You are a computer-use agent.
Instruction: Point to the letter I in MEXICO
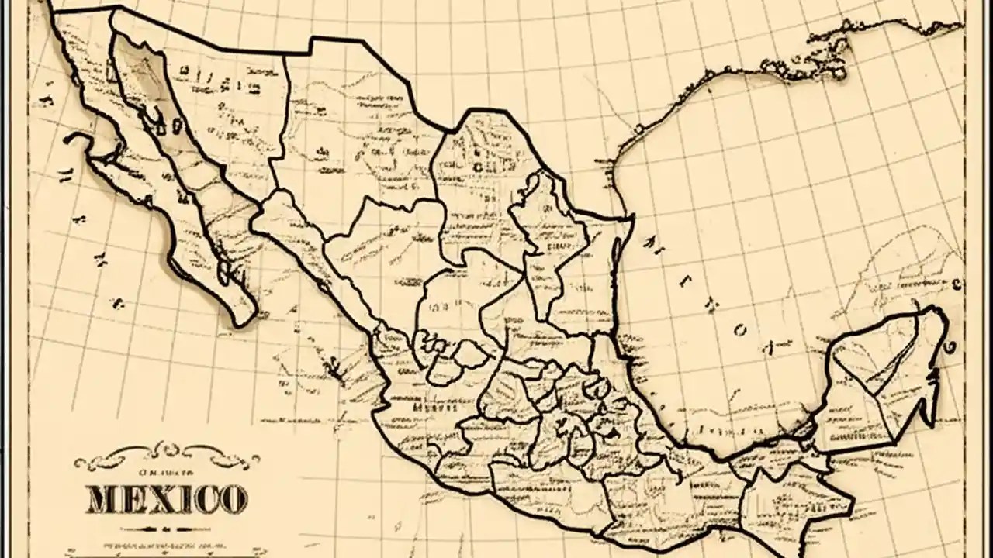pos(180,500)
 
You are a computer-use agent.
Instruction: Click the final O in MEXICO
pos(232,500)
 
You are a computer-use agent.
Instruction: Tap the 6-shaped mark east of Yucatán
pos(951,347)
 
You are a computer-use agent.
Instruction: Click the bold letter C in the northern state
pos(477,167)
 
